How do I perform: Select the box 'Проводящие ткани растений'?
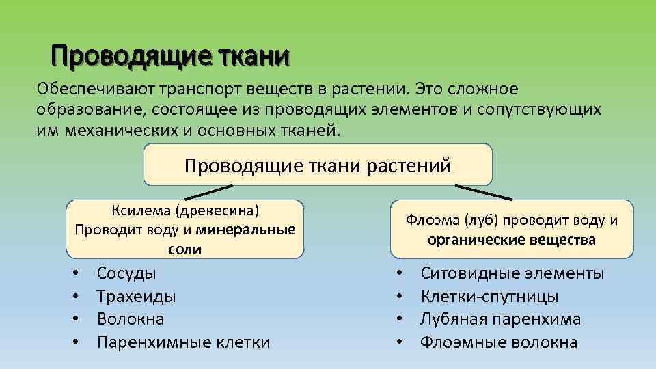(x=318, y=165)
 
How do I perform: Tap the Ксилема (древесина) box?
(x=184, y=229)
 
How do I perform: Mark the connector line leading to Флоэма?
(x=484, y=192)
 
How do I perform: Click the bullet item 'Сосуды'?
(x=126, y=273)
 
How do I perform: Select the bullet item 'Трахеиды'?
(x=136, y=297)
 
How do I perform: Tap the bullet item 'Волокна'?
(x=131, y=319)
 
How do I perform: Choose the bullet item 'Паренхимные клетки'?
(x=183, y=342)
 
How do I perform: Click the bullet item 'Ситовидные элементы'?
(x=512, y=273)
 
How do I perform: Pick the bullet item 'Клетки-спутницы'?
(x=489, y=297)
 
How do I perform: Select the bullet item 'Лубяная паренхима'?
(x=500, y=319)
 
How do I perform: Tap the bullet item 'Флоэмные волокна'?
(x=498, y=342)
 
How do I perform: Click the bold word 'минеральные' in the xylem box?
(x=245, y=229)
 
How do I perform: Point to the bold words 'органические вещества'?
(x=511, y=240)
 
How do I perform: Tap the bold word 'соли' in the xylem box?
(x=184, y=249)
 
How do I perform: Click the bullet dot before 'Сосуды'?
(x=77, y=274)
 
